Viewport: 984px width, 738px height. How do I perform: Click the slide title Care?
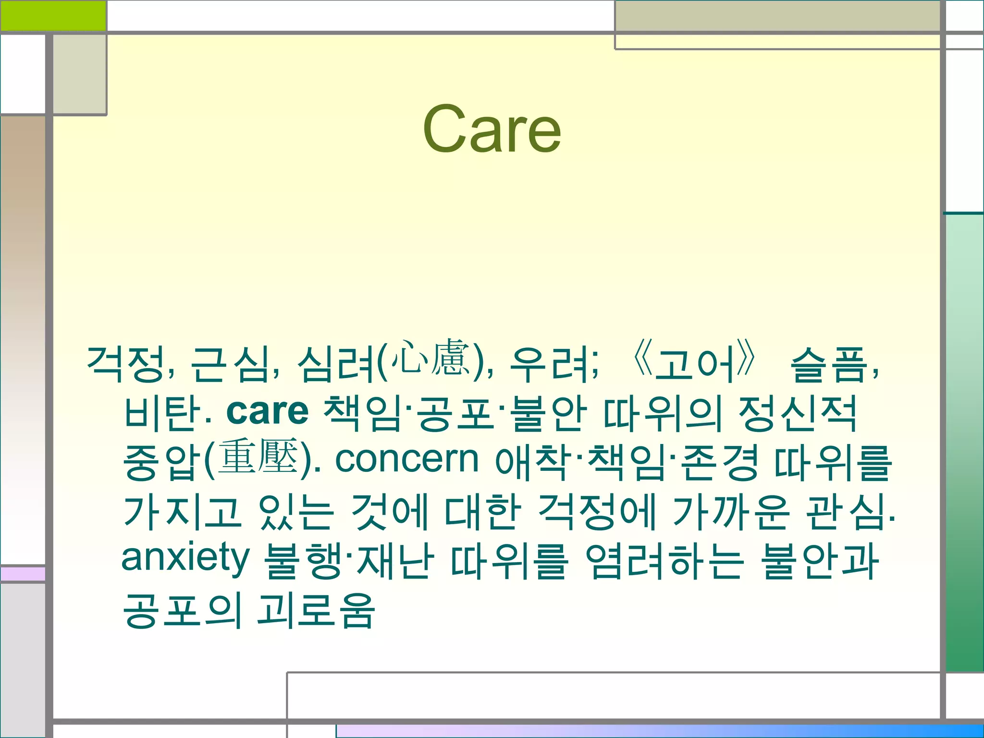pos(492,130)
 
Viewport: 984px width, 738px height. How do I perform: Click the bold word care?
pos(267,412)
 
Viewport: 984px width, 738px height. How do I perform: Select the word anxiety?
pos(185,558)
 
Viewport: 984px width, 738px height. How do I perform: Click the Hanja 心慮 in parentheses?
pos(430,358)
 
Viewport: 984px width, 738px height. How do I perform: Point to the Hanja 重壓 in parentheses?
pos(258,456)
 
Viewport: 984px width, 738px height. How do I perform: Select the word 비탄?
pos(162,413)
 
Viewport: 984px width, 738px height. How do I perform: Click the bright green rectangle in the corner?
pos(53,15)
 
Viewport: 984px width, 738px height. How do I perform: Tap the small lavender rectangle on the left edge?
pos(23,574)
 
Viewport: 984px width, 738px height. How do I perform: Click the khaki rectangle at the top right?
pos(777,16)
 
